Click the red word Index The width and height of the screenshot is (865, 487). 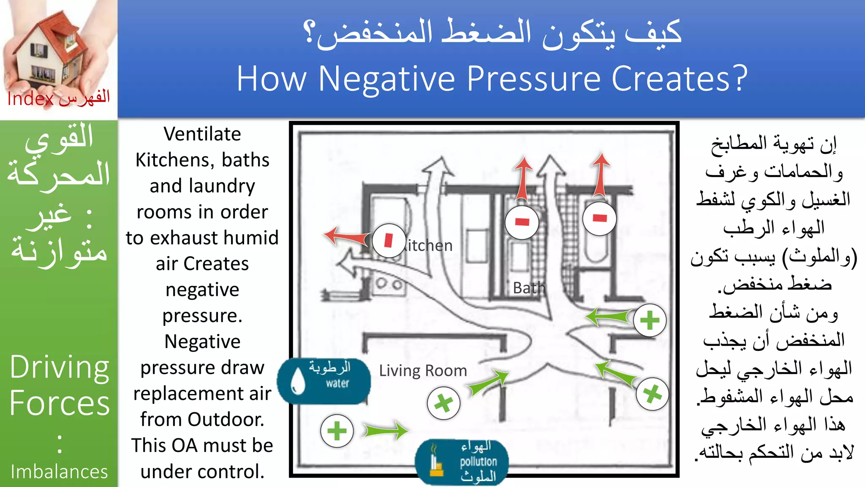(x=30, y=99)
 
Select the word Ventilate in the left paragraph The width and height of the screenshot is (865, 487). (x=202, y=134)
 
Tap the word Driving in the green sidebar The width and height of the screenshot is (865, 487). (x=59, y=367)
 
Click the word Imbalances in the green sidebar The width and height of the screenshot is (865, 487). (x=59, y=471)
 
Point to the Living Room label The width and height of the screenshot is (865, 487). (x=423, y=371)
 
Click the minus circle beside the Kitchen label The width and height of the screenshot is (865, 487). (x=389, y=241)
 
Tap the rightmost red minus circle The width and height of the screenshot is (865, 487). (x=599, y=219)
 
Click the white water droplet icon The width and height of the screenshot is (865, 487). (x=298, y=380)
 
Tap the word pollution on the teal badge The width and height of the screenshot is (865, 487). (x=478, y=461)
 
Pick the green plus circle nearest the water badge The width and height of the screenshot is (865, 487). (x=337, y=431)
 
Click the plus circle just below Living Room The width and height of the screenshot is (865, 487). (x=443, y=403)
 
